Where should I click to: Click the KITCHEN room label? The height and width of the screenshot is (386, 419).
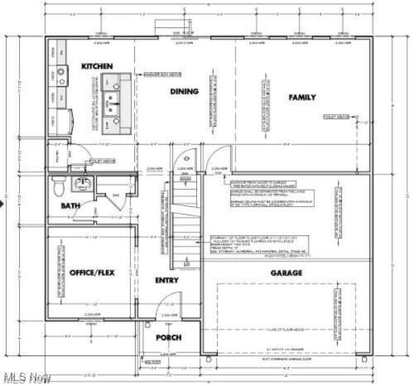[x=97, y=66]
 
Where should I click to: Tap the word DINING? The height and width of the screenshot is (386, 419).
[x=184, y=91]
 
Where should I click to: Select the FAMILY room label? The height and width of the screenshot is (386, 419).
[x=302, y=97]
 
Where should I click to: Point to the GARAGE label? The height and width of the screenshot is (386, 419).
[x=287, y=273]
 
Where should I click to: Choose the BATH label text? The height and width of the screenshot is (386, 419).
[x=70, y=206]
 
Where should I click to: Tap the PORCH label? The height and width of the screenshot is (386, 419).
[x=168, y=338]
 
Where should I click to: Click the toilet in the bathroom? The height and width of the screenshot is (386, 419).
[x=58, y=187]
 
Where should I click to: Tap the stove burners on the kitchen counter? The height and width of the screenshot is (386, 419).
[x=60, y=73]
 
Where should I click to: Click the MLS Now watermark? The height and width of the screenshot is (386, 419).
[x=26, y=378]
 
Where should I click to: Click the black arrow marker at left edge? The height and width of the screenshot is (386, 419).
[x=3, y=204]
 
